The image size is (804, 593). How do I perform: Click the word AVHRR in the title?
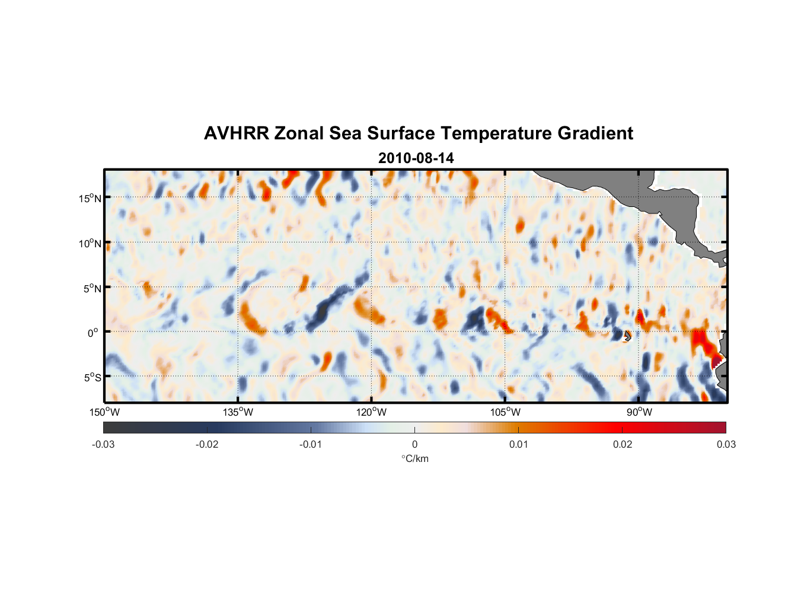(236, 133)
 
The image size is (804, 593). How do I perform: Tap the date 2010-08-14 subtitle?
(416, 158)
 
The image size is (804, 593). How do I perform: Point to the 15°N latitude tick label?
(90, 198)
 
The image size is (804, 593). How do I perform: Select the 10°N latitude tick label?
(90, 243)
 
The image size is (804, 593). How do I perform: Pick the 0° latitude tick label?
(93, 333)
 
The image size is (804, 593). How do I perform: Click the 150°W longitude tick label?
(104, 412)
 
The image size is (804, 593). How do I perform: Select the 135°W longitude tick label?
(238, 412)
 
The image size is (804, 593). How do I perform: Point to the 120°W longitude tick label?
(372, 412)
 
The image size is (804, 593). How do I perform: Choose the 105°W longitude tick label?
(505, 412)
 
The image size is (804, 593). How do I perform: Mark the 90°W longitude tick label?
(639, 412)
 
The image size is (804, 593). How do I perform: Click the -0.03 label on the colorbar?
(103, 444)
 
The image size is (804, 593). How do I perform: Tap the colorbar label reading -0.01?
(311, 444)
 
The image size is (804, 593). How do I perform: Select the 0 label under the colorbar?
(414, 444)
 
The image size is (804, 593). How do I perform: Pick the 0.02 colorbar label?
(623, 444)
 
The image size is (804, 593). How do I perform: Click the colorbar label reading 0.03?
(726, 444)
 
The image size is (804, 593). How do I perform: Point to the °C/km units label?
(415, 458)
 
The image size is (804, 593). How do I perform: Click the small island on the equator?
(626, 336)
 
